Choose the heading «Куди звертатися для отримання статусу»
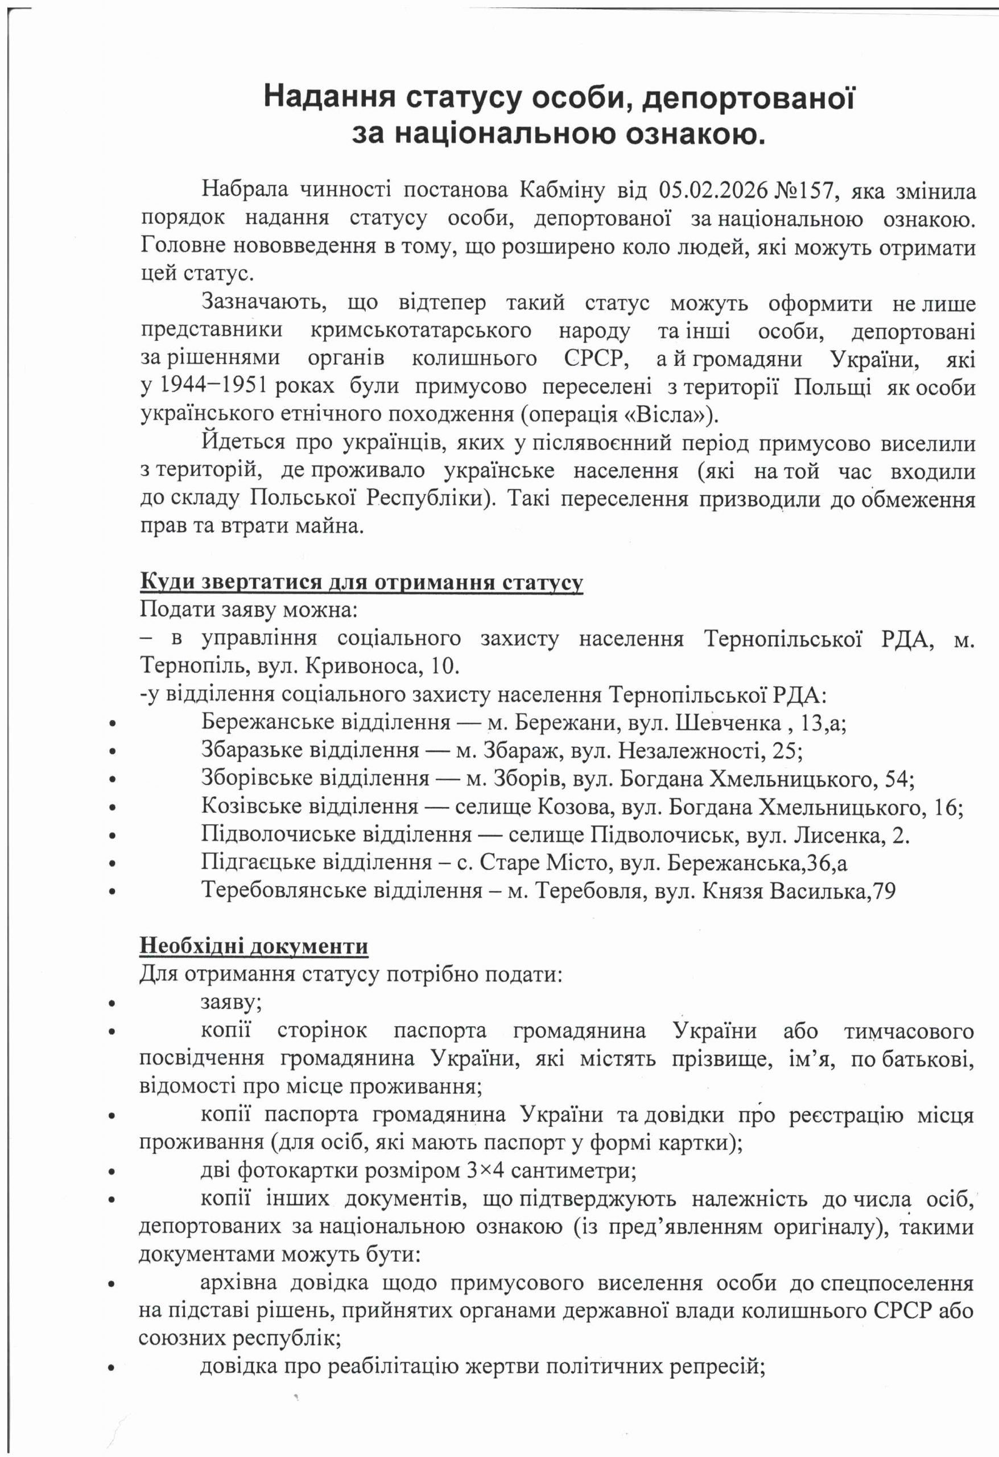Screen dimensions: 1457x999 point(361,582)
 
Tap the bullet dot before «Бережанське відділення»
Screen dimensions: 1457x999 point(112,723)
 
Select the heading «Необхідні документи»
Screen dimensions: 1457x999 point(253,946)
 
